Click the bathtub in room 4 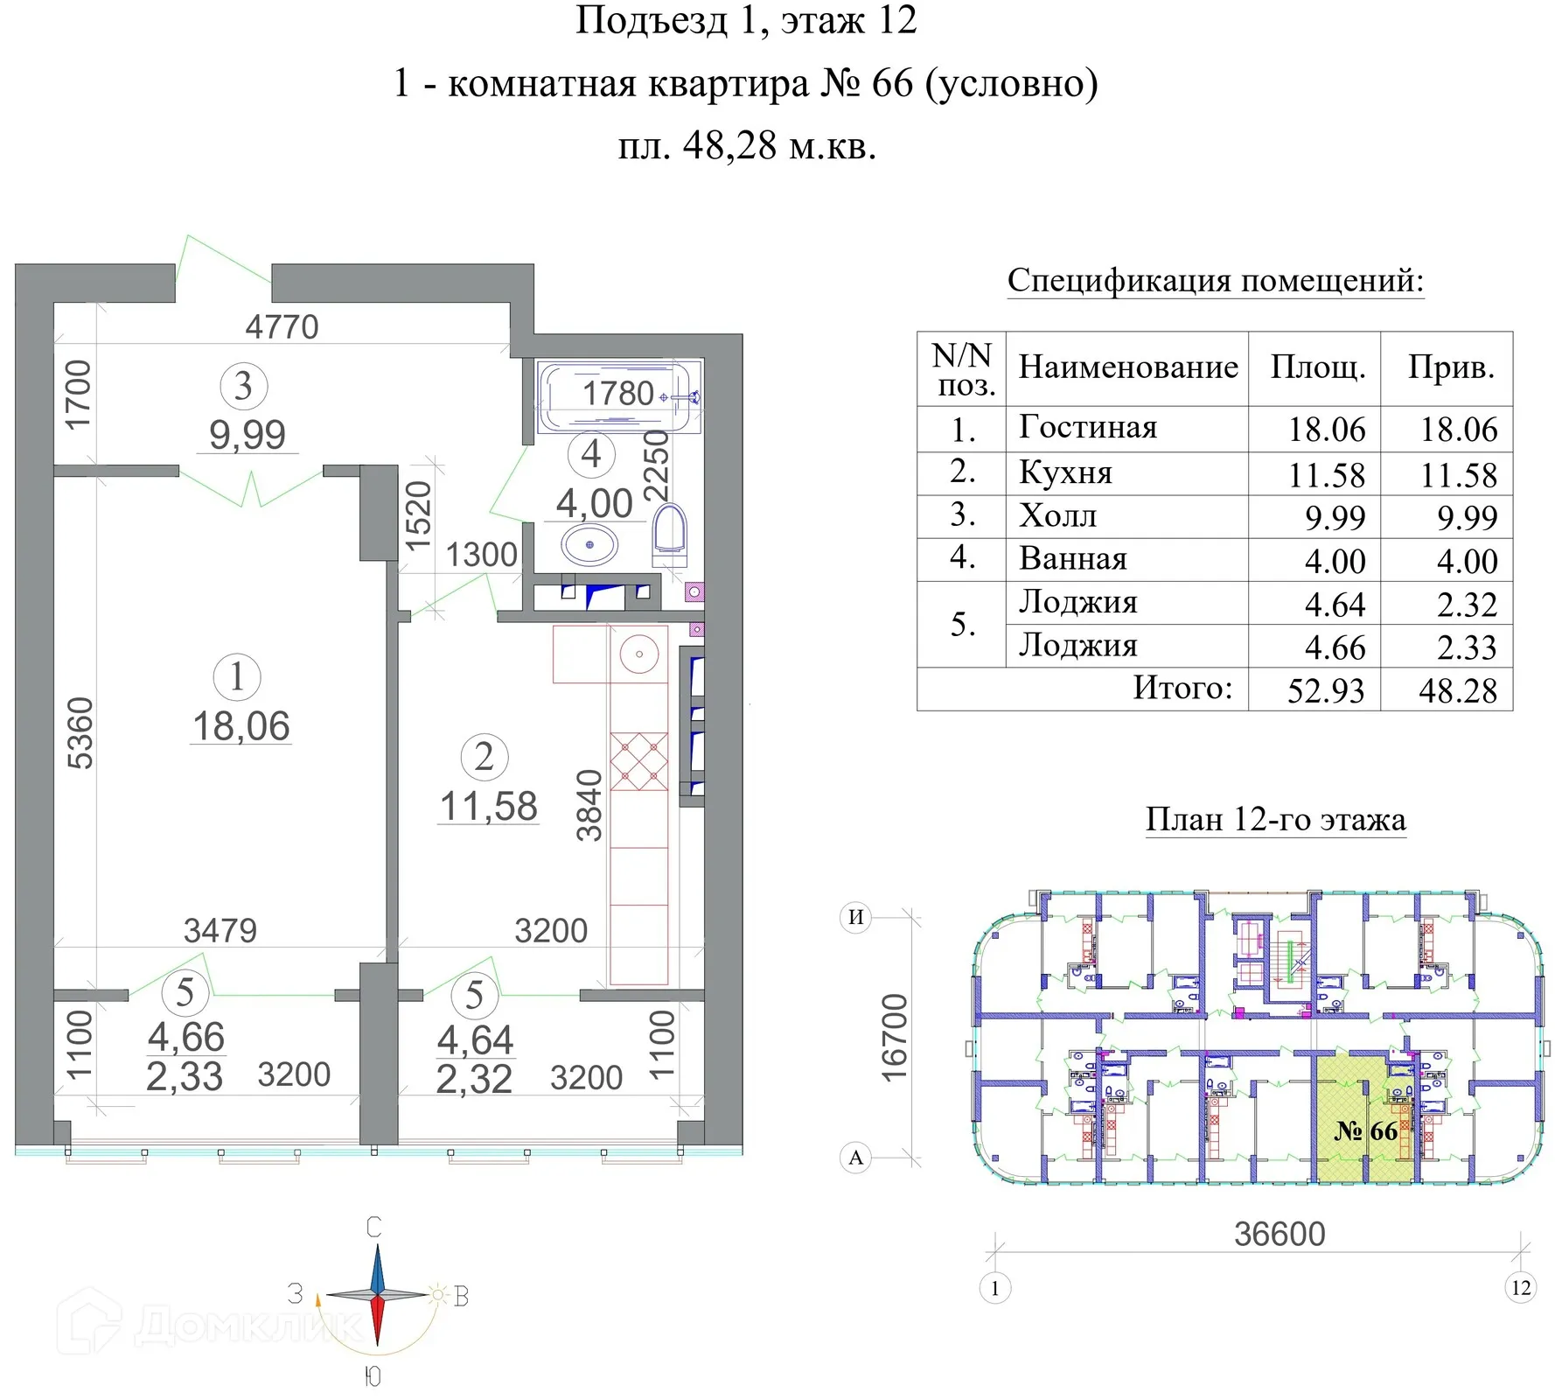pos(619,398)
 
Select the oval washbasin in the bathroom pos(589,544)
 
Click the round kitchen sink pos(639,654)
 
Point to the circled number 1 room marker pos(236,676)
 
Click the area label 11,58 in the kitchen pos(488,806)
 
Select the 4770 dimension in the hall pos(282,327)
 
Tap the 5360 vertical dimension pos(80,733)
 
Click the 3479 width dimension pos(220,930)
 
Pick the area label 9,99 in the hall pos(248,435)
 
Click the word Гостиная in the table pos(1087,427)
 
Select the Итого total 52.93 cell pos(1325,690)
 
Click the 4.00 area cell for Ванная pos(1335,561)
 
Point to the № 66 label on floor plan pos(1365,1131)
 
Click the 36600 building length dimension pos(1280,1234)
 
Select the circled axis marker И pos(856,917)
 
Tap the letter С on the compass pos(373,1228)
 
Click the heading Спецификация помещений pos(1215,281)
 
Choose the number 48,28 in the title pos(729,145)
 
